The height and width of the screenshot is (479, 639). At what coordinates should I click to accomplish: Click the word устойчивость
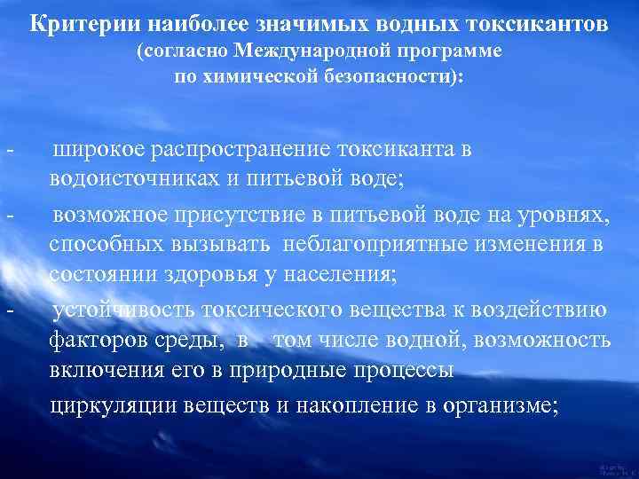[121, 311]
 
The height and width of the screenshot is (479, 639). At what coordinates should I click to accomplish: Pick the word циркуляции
[112, 406]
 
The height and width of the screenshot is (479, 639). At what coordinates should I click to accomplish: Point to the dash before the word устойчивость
[9, 311]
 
